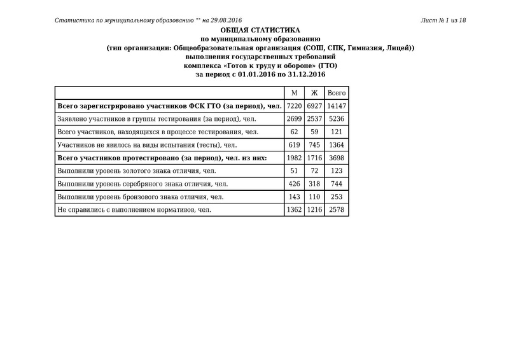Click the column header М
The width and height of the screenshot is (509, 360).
[293, 93]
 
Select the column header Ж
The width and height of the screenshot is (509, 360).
[314, 93]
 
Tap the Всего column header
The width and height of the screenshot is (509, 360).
[337, 93]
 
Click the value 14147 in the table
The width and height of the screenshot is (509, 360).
[337, 106]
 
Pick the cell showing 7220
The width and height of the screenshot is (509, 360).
[293, 106]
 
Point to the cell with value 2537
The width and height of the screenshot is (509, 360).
[314, 118]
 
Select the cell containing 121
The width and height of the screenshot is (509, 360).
[337, 132]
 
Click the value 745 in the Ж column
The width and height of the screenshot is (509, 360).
[314, 145]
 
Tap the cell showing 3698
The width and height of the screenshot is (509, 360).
[337, 158]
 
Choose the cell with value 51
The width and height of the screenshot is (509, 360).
[293, 171]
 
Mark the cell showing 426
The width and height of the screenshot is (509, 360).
[293, 184]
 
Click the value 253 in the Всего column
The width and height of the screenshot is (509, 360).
[337, 197]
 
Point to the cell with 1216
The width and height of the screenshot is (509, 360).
[314, 210]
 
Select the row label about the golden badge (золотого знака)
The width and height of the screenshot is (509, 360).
[137, 171]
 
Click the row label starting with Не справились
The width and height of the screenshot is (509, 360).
[134, 210]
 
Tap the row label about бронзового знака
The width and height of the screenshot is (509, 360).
[140, 197]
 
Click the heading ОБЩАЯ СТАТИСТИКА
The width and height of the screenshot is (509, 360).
[260, 31]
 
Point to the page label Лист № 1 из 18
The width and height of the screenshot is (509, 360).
[443, 20]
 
